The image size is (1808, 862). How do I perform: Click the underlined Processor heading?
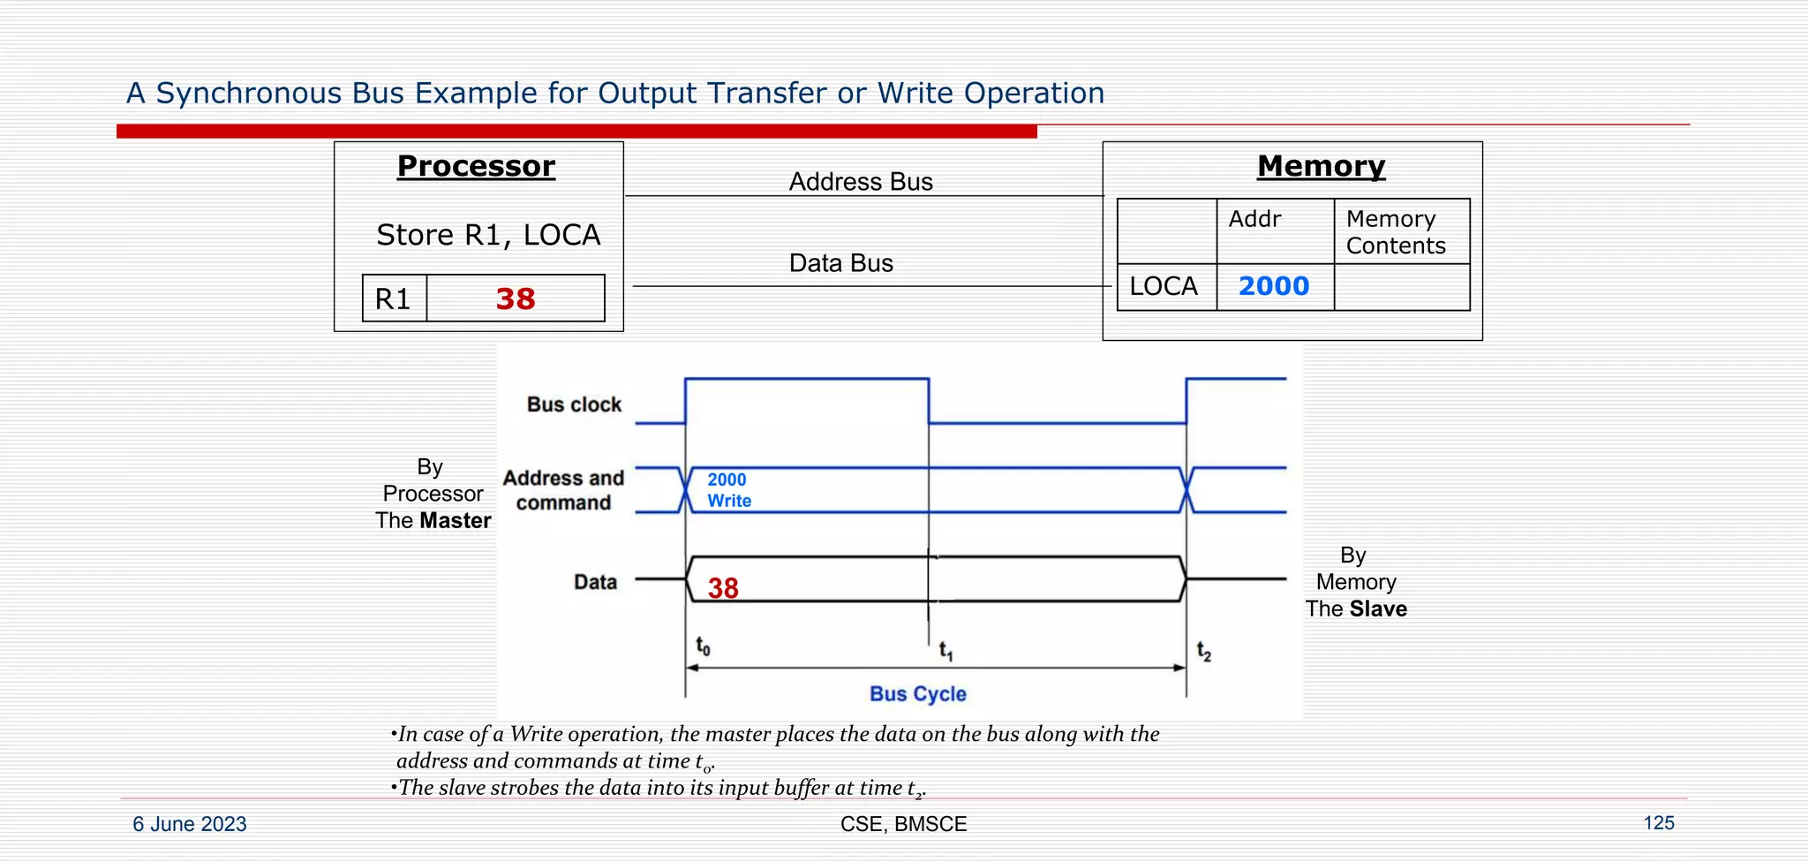pyautogui.click(x=476, y=166)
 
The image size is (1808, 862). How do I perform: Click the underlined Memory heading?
pyautogui.click(x=1321, y=166)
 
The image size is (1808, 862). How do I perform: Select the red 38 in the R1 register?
pyautogui.click(x=516, y=299)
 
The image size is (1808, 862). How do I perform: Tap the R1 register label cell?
pyautogui.click(x=394, y=299)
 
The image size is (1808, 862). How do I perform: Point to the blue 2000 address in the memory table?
pyautogui.click(x=1273, y=286)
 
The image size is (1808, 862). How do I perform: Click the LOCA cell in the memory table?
pyautogui.click(x=1164, y=286)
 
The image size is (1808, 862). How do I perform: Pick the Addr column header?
pyautogui.click(x=1254, y=219)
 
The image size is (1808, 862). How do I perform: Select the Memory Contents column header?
pyautogui.click(x=1396, y=231)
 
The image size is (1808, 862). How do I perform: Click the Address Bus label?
pyautogui.click(x=861, y=182)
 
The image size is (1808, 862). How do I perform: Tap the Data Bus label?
pyautogui.click(x=840, y=263)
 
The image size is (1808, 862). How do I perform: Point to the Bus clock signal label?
pyautogui.click(x=574, y=405)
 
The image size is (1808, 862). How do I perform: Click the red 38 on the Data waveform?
pyautogui.click(x=723, y=588)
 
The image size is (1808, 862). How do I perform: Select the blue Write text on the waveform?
pyautogui.click(x=729, y=501)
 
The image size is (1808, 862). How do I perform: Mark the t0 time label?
pyautogui.click(x=703, y=646)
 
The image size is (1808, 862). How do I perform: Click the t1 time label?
pyautogui.click(x=945, y=651)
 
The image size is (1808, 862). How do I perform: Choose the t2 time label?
pyautogui.click(x=1204, y=651)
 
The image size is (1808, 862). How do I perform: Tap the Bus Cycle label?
pyautogui.click(x=917, y=694)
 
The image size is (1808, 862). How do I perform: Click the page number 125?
pyautogui.click(x=1658, y=823)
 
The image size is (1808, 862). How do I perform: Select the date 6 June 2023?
pyautogui.click(x=190, y=824)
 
